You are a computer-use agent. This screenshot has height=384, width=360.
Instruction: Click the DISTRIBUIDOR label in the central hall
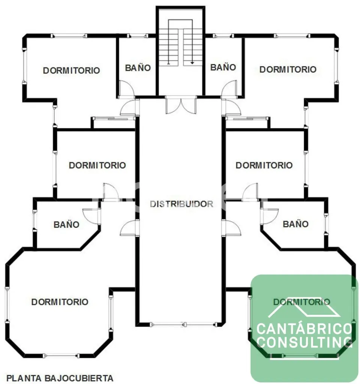[x=181, y=204]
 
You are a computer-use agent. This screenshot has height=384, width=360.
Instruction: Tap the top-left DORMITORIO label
[x=72, y=70]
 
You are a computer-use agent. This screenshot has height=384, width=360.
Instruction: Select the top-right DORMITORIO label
[x=288, y=69]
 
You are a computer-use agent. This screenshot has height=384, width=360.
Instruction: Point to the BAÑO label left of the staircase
[x=138, y=68]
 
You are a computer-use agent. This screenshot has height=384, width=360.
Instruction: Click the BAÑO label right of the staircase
[x=223, y=67]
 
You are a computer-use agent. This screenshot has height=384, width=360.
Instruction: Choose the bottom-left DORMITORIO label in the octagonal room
[x=60, y=302]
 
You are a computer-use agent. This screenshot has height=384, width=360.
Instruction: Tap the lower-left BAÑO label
[x=66, y=224]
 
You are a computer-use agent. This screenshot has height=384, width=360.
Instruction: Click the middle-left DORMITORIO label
[x=97, y=165]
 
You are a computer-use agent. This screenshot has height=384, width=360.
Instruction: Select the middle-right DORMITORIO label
[x=264, y=165]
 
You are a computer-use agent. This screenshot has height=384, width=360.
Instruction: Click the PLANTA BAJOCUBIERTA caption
[x=60, y=378]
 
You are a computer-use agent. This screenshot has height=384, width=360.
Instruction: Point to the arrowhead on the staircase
[x=192, y=63]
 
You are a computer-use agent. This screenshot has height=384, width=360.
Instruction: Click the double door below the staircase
[x=181, y=105]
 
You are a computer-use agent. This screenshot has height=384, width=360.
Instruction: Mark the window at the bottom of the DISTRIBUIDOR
[x=184, y=324]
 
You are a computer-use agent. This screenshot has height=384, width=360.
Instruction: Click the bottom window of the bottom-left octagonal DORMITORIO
[x=61, y=355]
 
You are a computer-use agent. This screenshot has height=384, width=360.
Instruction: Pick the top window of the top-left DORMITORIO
[x=69, y=36]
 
